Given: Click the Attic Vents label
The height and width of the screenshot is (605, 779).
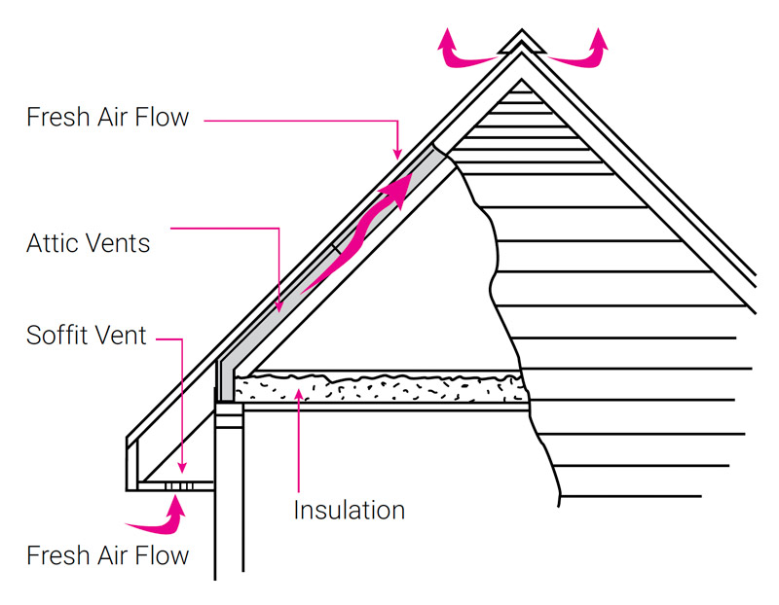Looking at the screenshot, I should click(89, 243).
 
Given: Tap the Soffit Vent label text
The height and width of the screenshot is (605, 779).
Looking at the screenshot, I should click(87, 337).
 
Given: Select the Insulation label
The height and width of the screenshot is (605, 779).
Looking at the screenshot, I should click(349, 509).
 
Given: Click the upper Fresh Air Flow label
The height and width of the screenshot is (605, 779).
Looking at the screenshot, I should click(107, 118).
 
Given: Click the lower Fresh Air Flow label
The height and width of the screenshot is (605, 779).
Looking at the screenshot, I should click(107, 556).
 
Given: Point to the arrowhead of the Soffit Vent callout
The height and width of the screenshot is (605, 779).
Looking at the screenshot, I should click(182, 471).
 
